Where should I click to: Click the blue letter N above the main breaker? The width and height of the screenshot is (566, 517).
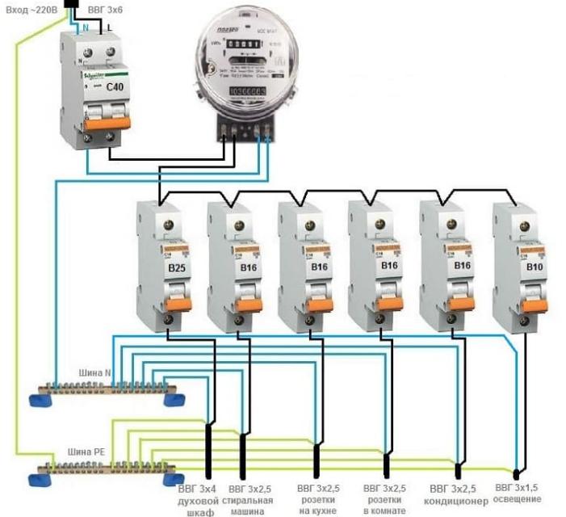click(85, 27)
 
